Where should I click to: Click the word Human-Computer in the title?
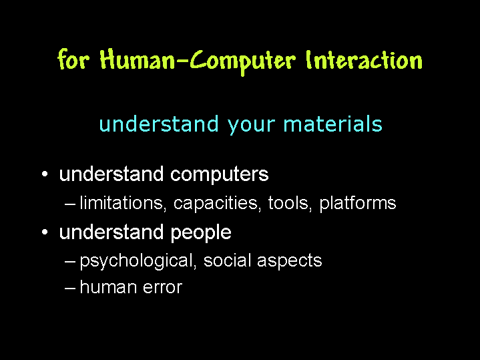pos(198,61)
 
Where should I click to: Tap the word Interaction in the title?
pos(365,59)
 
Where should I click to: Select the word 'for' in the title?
pos(73,59)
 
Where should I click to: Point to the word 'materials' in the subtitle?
pos(333,124)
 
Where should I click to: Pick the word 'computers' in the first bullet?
pos(219,175)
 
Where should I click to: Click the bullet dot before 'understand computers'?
pos(45,174)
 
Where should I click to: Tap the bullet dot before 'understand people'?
pos(45,232)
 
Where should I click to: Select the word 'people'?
pos(200,233)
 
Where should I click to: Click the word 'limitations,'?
pos(123,203)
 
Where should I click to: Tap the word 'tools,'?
pos(290,203)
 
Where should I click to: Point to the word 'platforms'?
pos(358,204)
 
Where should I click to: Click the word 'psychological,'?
pos(138,261)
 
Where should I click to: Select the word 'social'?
pos(228,260)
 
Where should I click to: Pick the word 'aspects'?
pos(290,261)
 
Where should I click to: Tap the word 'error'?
pos(162,289)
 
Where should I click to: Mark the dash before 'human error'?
pos(70,289)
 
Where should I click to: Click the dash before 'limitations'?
pos(70,204)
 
